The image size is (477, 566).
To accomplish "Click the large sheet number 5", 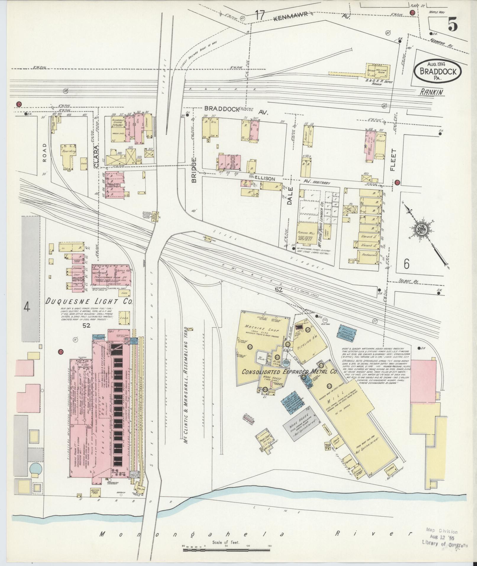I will tap(453, 24).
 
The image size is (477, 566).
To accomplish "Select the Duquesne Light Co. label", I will tap(90, 301).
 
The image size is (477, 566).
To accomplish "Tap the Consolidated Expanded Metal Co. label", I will tap(290, 372).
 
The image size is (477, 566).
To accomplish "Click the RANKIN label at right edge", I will tap(432, 93).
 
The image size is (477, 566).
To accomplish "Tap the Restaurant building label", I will tap(368, 255).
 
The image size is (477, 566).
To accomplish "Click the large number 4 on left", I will tap(27, 308).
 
